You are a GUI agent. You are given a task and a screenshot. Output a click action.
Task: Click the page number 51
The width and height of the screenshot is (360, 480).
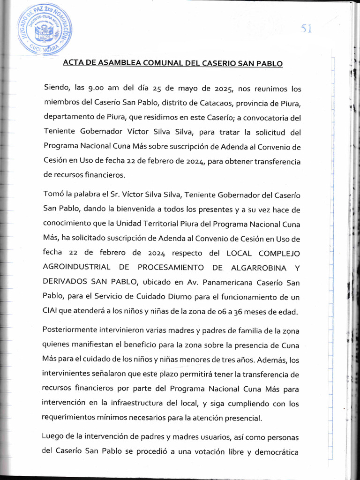click(307, 29)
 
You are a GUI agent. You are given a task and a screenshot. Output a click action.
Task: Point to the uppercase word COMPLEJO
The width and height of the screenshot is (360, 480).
click(276, 253)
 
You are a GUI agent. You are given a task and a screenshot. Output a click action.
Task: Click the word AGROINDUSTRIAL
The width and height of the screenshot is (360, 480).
click(76, 267)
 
